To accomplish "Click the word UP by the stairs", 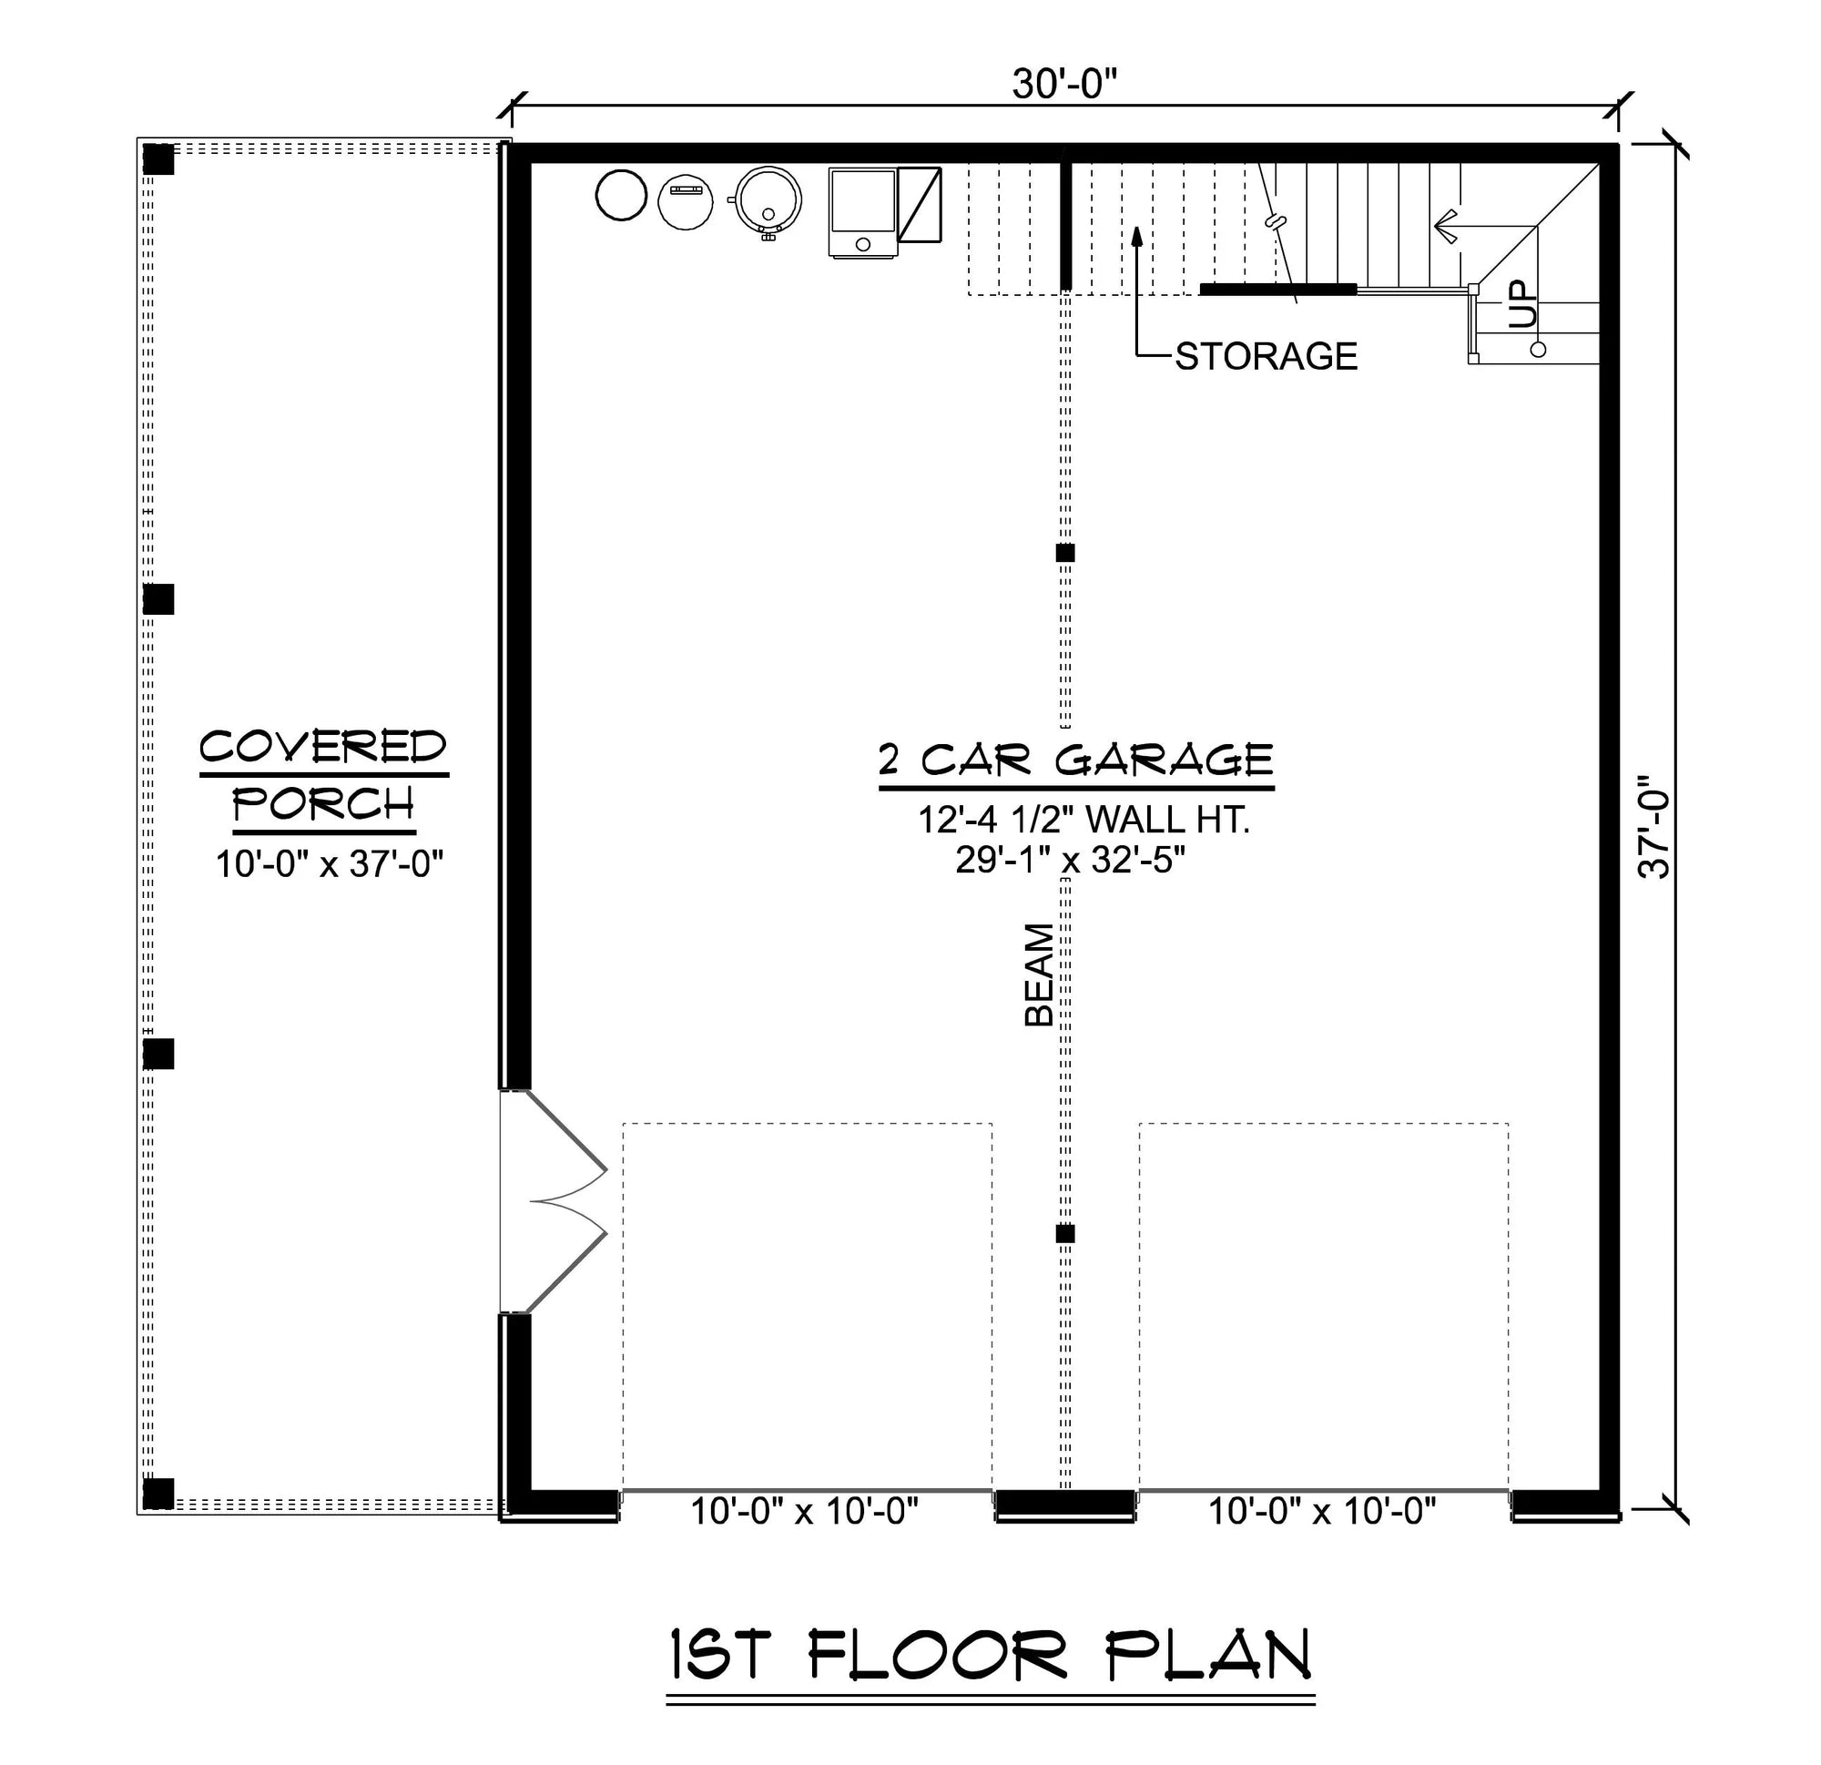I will click(1523, 304).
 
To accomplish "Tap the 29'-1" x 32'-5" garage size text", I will click(1071, 861).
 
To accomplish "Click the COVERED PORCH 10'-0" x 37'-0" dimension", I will click(330, 864).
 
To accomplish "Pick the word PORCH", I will click(323, 804).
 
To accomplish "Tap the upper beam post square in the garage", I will click(1065, 553).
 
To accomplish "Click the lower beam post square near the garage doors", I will click(1065, 1234).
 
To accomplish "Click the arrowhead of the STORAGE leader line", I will click(1136, 233).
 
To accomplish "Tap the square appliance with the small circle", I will click(863, 213).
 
